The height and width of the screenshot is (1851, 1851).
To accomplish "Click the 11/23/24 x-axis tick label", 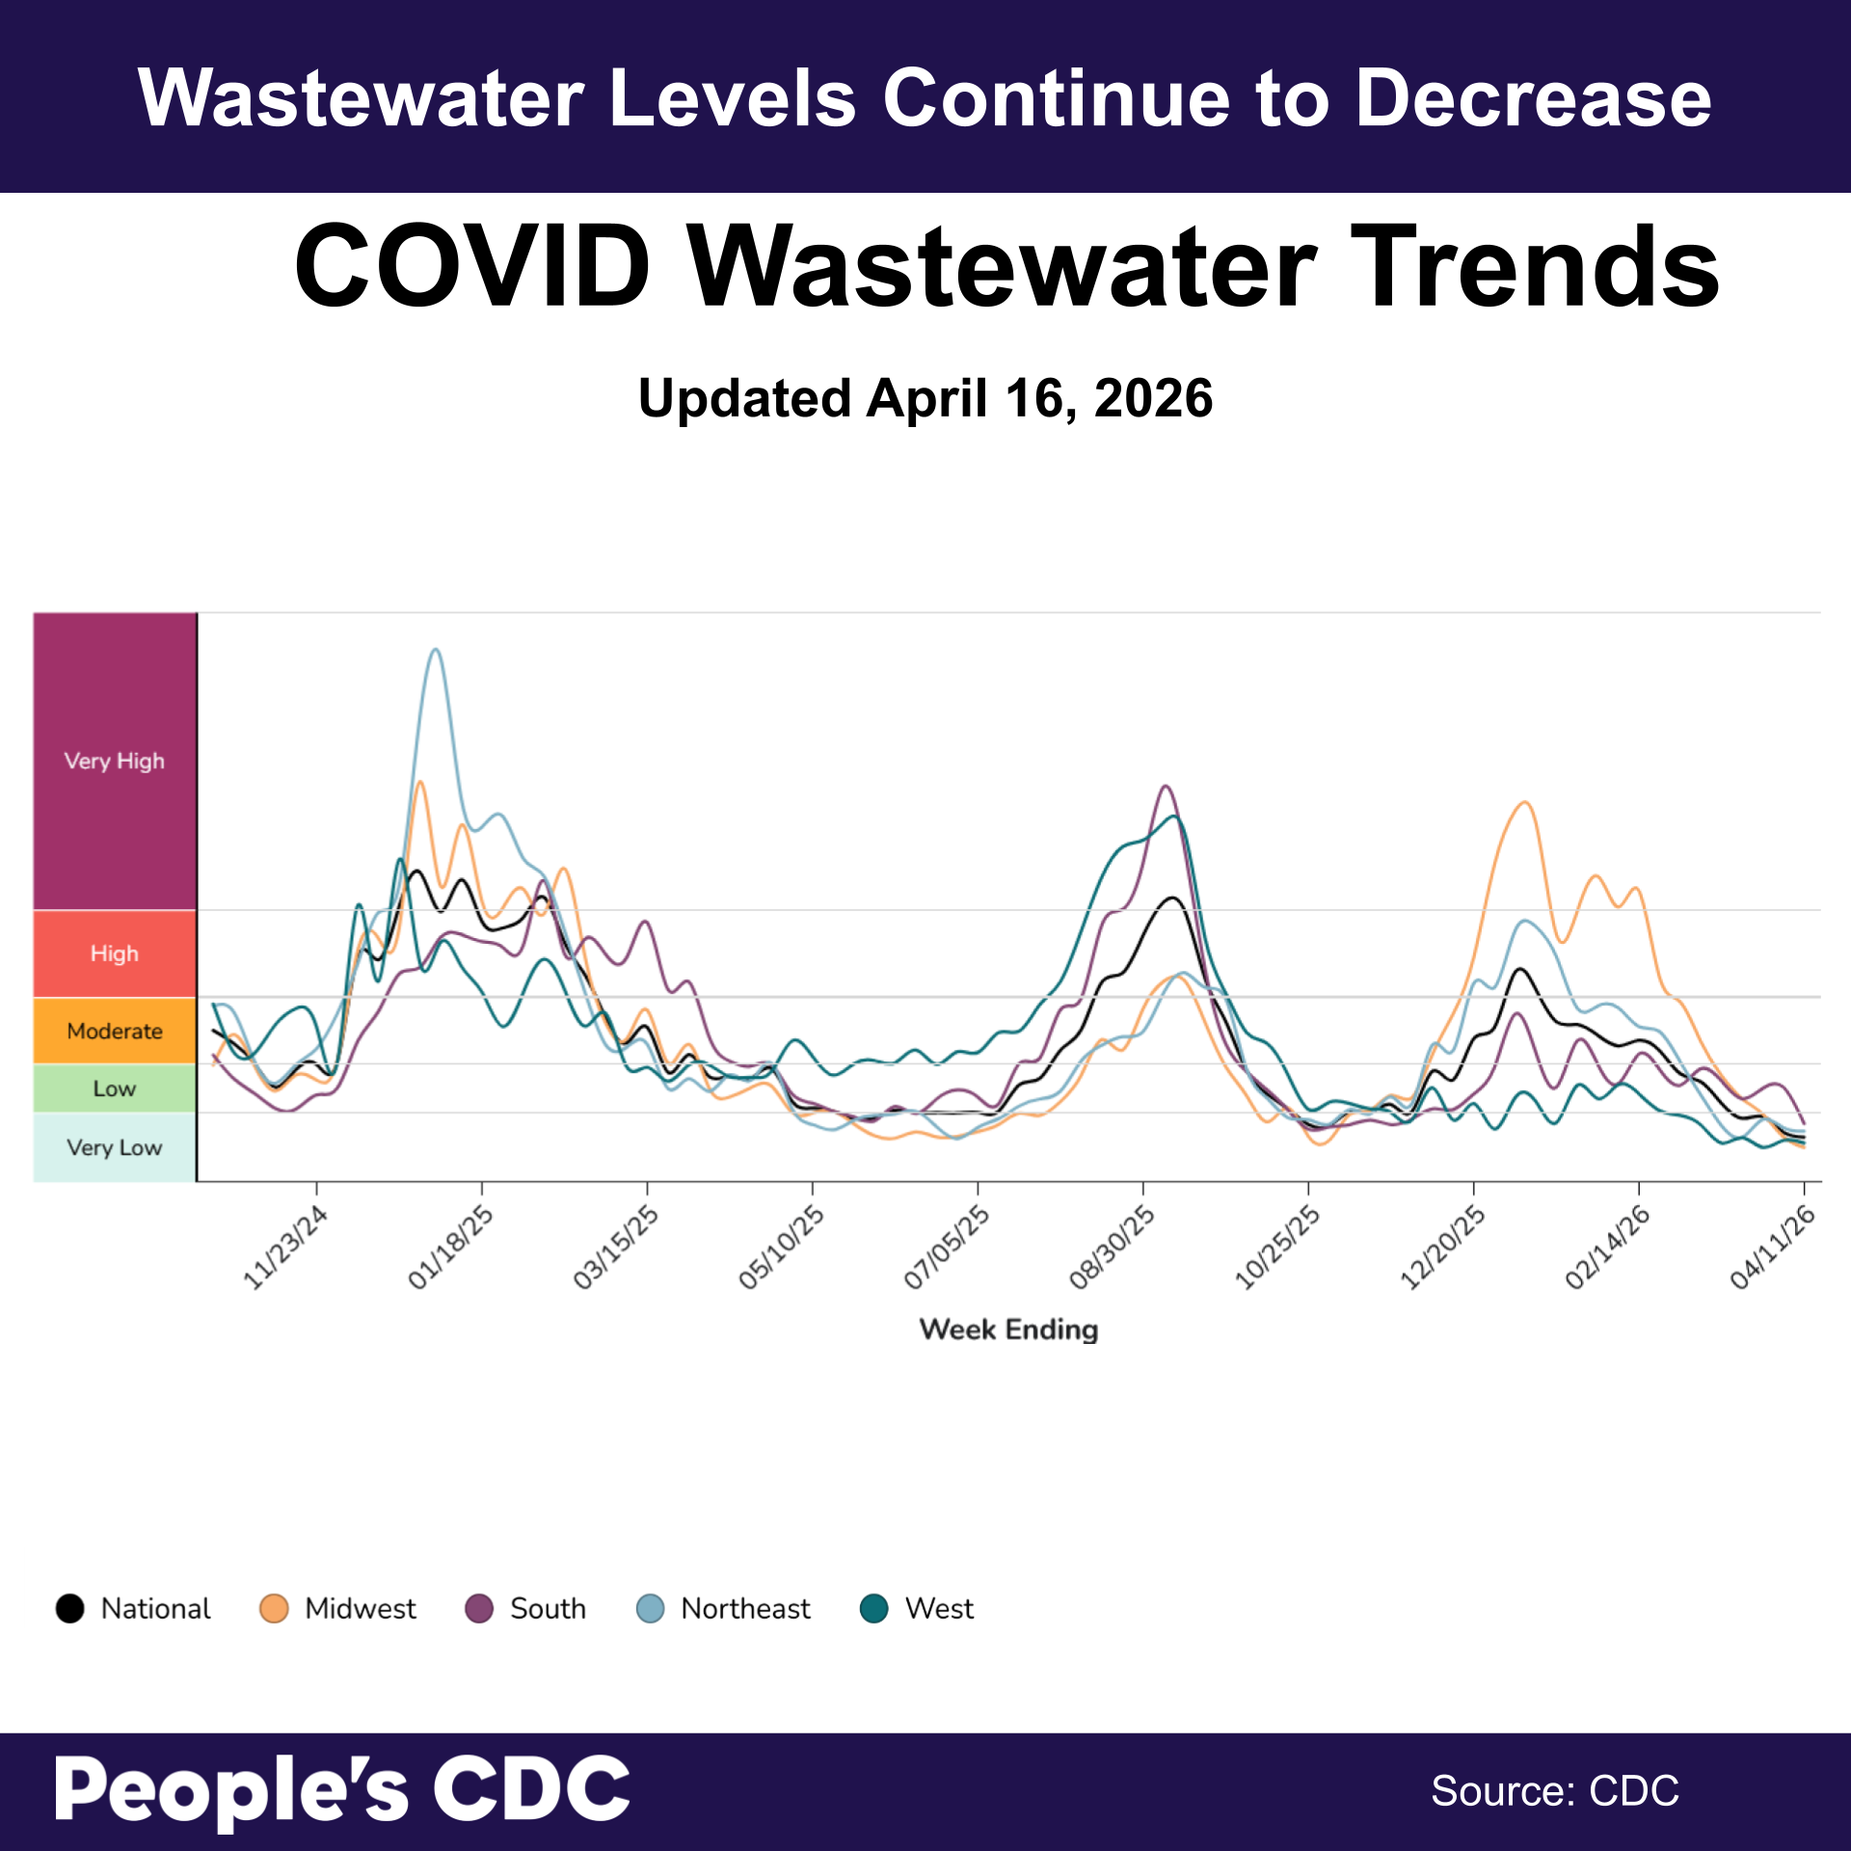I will pos(285,1247).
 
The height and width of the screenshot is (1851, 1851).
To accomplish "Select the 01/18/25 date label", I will pos(451,1247).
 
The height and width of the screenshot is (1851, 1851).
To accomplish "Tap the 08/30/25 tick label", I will pos(1113,1247).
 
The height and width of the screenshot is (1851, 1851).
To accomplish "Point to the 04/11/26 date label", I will pos(1773,1247).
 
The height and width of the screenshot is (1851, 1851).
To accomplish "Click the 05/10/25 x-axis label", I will pos(782,1247).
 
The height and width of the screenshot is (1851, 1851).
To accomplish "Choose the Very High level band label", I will pos(114,761).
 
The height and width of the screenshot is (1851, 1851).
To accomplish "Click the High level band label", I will pos(114,953).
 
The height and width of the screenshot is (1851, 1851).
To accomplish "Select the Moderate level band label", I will pos(114,1031).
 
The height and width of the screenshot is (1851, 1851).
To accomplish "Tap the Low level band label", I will pos(114,1088).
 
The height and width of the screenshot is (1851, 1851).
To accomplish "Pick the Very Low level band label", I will pos(114,1147).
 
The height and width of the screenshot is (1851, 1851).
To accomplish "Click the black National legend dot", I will pos(70,1608).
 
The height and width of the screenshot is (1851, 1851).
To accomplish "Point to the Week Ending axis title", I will pos(1008,1329).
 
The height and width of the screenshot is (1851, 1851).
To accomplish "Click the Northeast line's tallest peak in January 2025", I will pos(436,650).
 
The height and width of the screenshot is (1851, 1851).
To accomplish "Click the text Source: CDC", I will pos(1554,1791).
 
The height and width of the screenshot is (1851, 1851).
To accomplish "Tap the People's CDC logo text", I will pos(342,1789).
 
